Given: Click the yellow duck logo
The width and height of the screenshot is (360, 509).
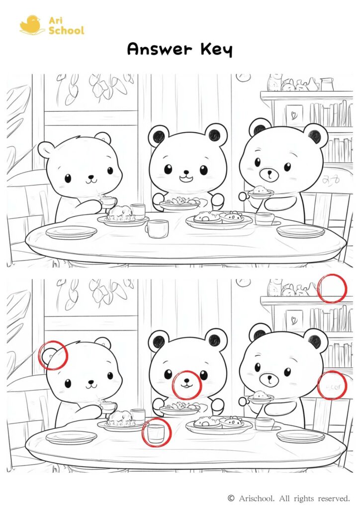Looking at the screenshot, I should click(x=30, y=25).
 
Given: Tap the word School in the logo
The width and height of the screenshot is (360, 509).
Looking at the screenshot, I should click(x=66, y=30).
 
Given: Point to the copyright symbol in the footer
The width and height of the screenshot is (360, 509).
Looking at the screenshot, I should click(x=231, y=498).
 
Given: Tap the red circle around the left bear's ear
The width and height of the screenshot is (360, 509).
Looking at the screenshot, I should click(x=53, y=355).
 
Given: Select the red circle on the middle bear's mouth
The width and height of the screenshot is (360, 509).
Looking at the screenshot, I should click(x=186, y=385).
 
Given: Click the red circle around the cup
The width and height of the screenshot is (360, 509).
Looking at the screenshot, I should click(x=157, y=432).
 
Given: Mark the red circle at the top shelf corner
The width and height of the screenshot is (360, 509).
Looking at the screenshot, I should click(x=332, y=288).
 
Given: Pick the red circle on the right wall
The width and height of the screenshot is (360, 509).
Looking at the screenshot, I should click(x=332, y=385).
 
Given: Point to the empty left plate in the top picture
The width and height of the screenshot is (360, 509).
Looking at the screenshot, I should click(x=71, y=232).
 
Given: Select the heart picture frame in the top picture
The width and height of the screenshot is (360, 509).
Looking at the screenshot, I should click(x=293, y=114).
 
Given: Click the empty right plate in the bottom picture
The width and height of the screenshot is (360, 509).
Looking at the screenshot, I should click(x=300, y=436).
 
